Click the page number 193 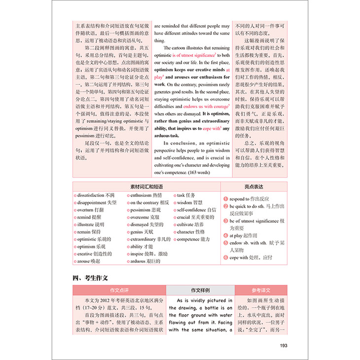click(x=284, y=345)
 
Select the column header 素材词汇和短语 click(x=146, y=186)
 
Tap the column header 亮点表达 click(x=253, y=186)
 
